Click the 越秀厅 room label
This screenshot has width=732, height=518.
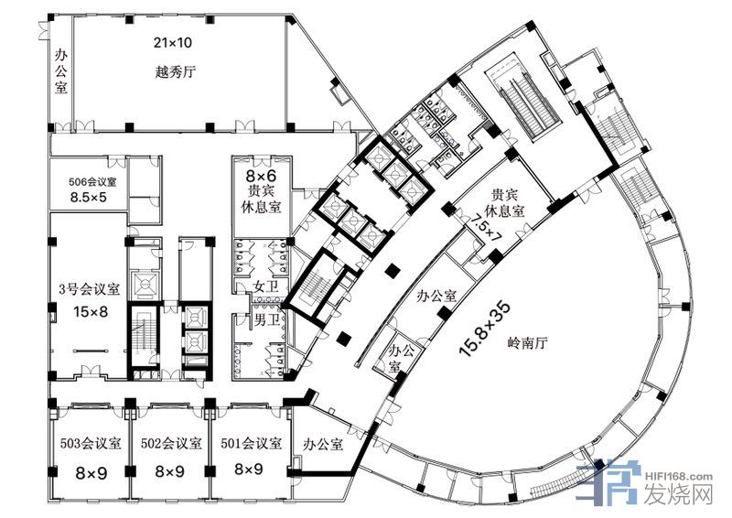tap(175, 72)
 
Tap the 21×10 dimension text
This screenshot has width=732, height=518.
tap(173, 43)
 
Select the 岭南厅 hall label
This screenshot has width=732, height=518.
tap(527, 344)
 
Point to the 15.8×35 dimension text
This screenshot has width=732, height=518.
tap(485, 329)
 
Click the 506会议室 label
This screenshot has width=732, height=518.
tap(93, 182)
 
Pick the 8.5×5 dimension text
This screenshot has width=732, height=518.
tap(88, 198)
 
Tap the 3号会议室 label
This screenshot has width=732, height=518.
tap(90, 289)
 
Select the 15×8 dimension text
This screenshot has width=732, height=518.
tap(90, 311)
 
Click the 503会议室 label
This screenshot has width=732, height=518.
tap(91, 443)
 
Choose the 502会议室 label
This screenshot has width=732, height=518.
tap(171, 443)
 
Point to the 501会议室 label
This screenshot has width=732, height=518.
tap(252, 443)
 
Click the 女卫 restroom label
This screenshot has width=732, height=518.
tap(266, 286)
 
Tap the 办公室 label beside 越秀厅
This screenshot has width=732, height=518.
tap(61, 71)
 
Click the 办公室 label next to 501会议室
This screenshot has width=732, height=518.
tap(323, 444)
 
